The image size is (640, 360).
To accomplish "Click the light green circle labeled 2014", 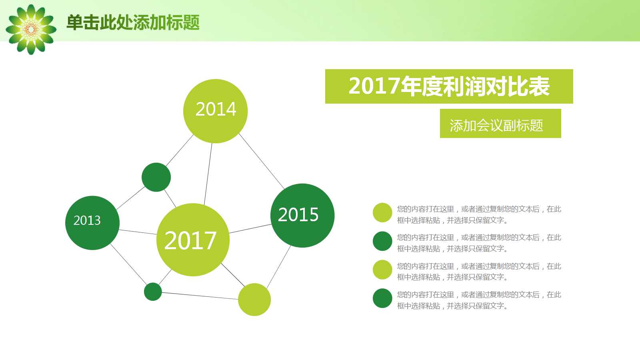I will coord(215,111).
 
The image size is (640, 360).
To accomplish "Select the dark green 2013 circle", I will coord(92,223).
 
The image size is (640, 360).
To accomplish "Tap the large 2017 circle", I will coord(193,240).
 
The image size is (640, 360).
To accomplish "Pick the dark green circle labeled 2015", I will coord(302,215).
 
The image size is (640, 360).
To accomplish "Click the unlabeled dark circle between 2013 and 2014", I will coord(156,177).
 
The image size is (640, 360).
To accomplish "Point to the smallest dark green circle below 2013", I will coord(153,292).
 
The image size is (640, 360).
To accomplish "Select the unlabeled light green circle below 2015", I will coord(254,300).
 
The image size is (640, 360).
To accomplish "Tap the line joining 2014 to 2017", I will coord(208,174).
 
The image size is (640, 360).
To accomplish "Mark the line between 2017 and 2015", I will coord(250,229).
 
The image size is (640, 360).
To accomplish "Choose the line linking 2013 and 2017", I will coord(138,232).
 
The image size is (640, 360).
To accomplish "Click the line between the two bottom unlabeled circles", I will coord(200,296).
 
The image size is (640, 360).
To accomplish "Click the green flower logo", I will coord(31,29).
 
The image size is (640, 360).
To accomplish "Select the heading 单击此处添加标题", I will coord(133,22).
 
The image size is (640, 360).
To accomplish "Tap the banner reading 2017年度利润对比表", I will coord(449,86).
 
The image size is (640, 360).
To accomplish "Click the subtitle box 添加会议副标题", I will coord(500,124).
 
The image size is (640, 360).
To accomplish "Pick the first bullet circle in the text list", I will coord(382,212).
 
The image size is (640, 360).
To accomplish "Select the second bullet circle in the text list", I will coord(382,241).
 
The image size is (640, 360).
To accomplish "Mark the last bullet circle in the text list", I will coord(382,298).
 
